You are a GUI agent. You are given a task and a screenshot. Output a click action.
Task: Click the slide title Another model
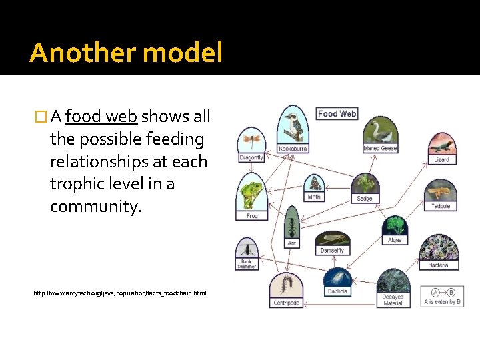125,53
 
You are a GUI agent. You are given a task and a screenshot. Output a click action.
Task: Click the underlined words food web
101,117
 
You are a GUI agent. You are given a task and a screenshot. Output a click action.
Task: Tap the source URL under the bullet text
120,293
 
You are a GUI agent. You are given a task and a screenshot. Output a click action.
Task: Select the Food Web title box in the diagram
337,114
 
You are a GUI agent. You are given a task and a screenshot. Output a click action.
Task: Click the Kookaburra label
293,149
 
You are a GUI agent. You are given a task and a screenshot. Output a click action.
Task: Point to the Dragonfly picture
251,140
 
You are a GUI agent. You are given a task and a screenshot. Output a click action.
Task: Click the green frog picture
252,193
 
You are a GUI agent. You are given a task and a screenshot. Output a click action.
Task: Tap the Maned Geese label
380,148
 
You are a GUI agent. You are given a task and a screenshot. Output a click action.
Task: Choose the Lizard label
441,160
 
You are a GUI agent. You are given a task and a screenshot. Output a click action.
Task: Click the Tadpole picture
441,192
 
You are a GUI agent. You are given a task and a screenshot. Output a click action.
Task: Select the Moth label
313,197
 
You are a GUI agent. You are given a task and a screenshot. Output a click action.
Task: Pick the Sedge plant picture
365,183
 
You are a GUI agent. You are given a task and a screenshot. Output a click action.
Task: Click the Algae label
395,240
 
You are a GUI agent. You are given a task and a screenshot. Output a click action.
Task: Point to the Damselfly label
332,251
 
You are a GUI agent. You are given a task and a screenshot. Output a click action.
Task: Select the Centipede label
286,303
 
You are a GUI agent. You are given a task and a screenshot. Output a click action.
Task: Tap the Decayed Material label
393,300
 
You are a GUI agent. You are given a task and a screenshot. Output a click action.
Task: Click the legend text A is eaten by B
442,301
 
